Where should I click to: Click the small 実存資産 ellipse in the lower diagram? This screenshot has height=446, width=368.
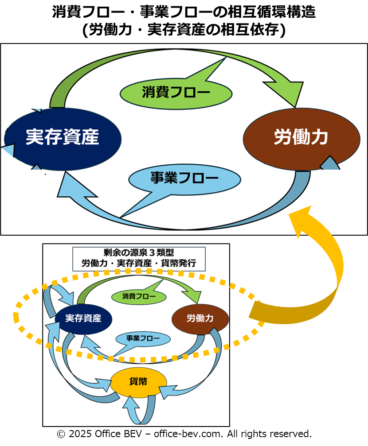click(x=83, y=318)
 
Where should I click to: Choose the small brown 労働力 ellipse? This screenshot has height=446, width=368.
click(x=200, y=318)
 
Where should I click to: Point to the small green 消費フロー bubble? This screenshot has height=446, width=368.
click(x=133, y=296)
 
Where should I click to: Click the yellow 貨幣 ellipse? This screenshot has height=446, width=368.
click(x=138, y=382)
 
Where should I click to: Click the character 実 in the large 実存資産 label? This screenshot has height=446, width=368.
click(x=34, y=138)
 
